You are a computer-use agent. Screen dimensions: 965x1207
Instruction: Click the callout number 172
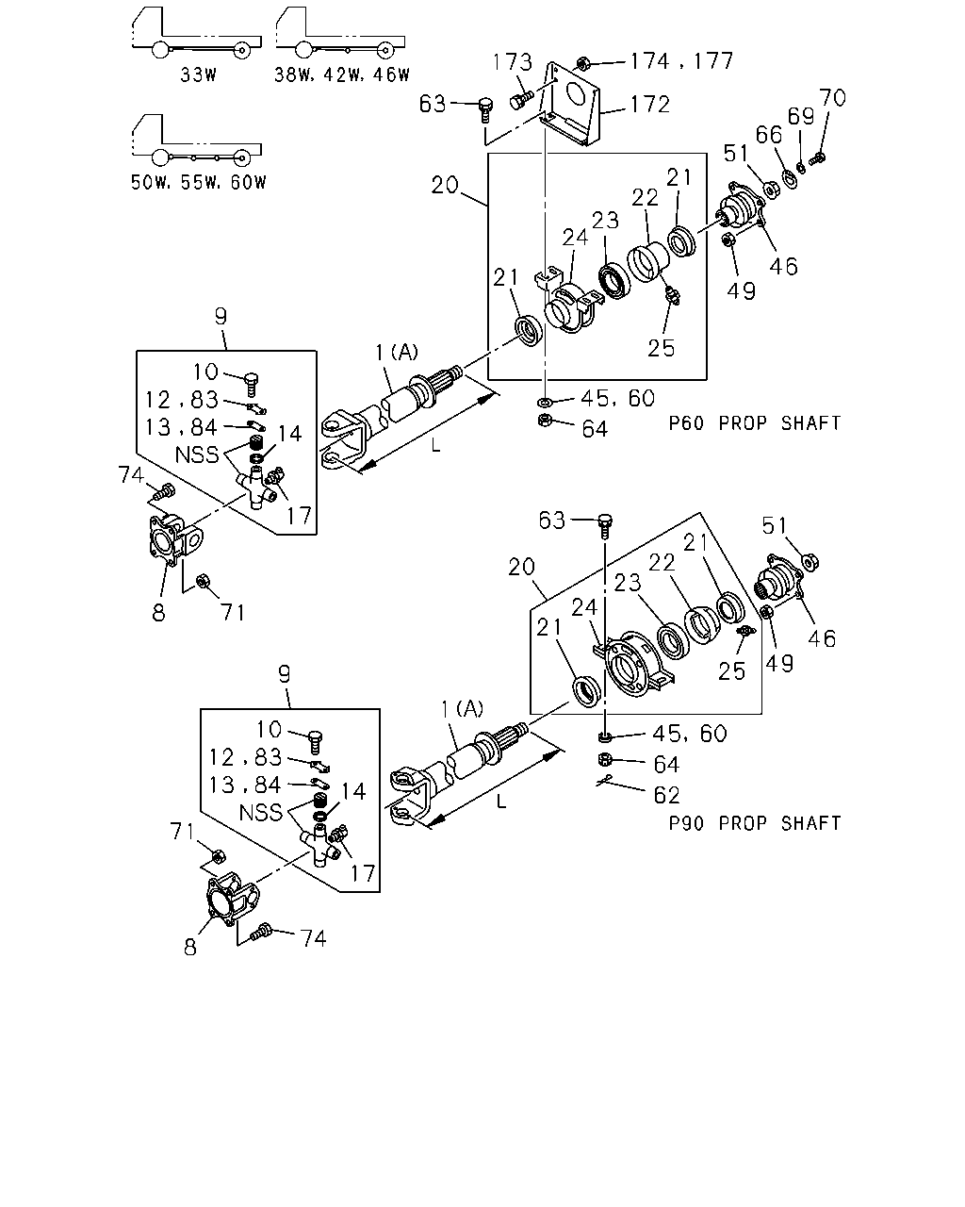click(650, 105)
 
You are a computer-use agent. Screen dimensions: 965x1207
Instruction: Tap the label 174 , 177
click(681, 61)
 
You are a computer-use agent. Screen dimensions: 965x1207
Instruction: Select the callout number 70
click(832, 97)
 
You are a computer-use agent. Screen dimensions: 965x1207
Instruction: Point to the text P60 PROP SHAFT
click(755, 422)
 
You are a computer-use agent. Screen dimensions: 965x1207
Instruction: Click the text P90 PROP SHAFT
click(755, 823)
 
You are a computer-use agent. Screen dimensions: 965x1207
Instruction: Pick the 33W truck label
click(198, 74)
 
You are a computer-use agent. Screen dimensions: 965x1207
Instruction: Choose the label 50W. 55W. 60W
click(199, 182)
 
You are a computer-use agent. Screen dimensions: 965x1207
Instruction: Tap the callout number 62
click(666, 795)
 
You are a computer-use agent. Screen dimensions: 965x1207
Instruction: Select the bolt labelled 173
click(521, 101)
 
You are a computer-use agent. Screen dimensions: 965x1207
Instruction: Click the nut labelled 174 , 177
click(582, 63)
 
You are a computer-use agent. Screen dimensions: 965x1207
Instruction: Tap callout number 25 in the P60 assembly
click(661, 348)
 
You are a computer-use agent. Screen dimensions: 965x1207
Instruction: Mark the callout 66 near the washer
click(768, 135)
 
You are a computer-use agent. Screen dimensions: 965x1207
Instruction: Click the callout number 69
click(801, 117)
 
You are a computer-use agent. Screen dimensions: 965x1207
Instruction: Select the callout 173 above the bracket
click(512, 62)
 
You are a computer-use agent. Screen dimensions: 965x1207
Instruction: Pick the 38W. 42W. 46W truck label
click(342, 74)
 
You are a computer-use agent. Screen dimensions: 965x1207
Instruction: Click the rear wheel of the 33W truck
click(241, 50)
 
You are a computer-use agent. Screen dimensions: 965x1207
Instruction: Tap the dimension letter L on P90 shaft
click(501, 802)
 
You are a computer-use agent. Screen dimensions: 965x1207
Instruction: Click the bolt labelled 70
click(818, 158)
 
